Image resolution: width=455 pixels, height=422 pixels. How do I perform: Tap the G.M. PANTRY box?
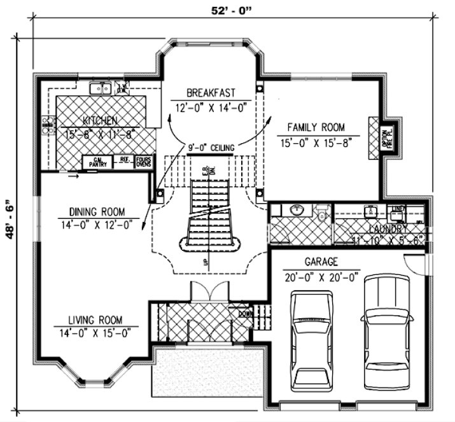(x=98, y=163)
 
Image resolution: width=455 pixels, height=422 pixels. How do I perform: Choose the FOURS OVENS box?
(x=143, y=163)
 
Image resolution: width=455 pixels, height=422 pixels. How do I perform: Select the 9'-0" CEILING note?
(x=211, y=148)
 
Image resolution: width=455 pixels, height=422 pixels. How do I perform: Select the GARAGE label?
(x=321, y=262)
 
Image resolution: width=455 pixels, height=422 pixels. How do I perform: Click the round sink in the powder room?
(x=297, y=210)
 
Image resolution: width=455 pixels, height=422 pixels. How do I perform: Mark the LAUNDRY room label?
(x=387, y=228)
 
